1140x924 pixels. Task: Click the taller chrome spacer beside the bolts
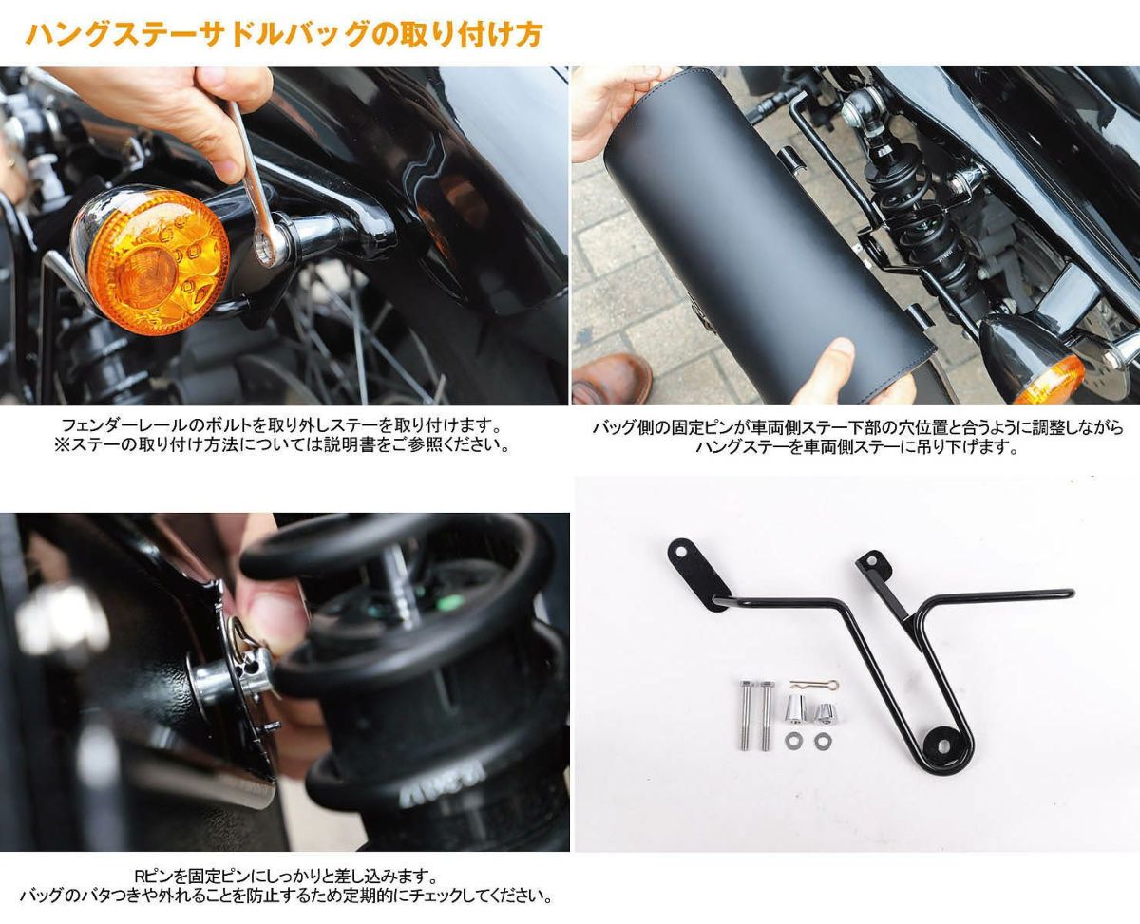(x=795, y=708)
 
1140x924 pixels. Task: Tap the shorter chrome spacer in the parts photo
(x=825, y=711)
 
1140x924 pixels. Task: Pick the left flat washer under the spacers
(x=794, y=739)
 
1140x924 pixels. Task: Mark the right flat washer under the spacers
(x=822, y=739)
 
